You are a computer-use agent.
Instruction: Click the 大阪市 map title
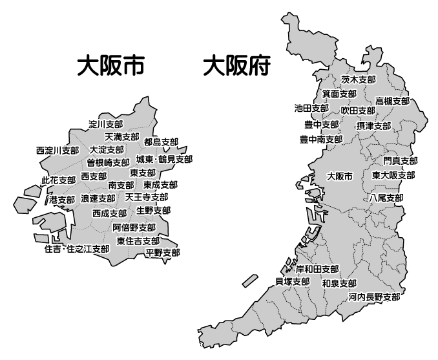[x=110, y=65]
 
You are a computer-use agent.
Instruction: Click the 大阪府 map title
[x=236, y=65]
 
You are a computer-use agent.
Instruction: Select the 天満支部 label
[x=121, y=137]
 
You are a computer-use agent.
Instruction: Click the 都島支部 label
[x=161, y=142]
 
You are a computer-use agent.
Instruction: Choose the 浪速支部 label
[x=98, y=199]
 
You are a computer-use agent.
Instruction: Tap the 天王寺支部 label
[x=147, y=196]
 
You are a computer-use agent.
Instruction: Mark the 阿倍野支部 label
[x=134, y=228]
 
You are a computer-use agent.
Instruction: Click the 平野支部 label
[x=163, y=252]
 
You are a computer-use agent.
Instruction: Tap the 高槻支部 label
[x=392, y=101]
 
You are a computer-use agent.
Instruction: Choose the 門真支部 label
[x=400, y=160]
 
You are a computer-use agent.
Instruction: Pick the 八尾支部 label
[x=386, y=197]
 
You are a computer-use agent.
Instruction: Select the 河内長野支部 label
[x=374, y=297]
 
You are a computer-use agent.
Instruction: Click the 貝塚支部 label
[x=292, y=282]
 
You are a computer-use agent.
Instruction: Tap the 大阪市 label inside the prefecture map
[x=340, y=176]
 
